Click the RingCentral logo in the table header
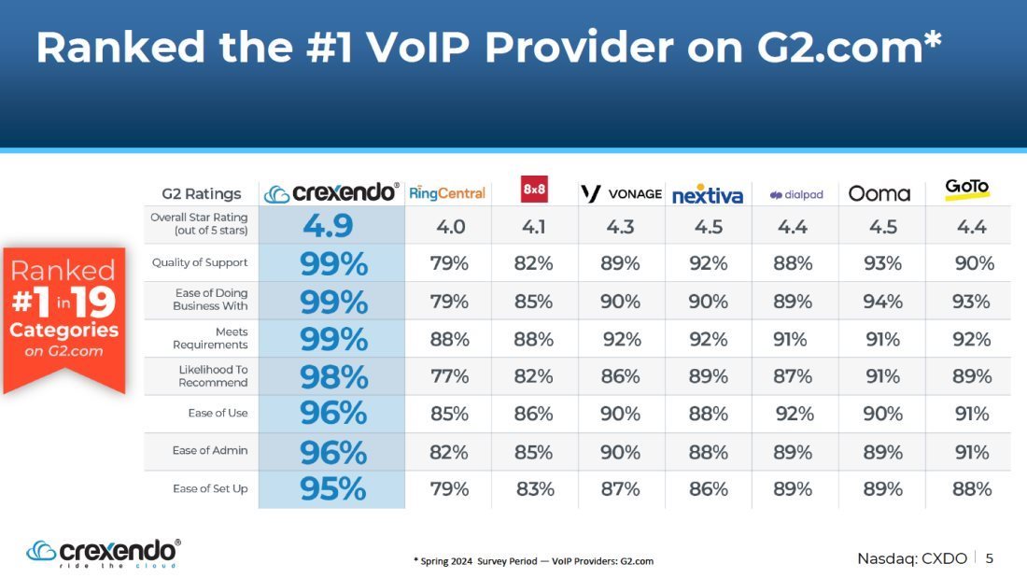coord(447,193)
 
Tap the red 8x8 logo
coord(534,190)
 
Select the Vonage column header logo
coord(622,193)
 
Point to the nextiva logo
coord(708,194)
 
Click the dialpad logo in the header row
coord(796,194)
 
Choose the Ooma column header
coord(879,193)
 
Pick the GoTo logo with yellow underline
coord(966,190)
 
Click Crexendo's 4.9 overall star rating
coord(328,225)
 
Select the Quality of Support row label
coord(200,262)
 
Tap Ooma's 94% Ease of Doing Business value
coord(883,302)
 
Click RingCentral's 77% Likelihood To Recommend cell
coord(449,376)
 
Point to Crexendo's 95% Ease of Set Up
coord(332,489)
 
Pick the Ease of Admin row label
coord(210,451)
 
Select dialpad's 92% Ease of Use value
coord(795,414)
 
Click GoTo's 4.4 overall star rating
coord(971,227)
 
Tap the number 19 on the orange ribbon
coord(94,302)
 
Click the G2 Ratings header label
coord(202,194)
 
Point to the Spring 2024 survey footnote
coord(533,561)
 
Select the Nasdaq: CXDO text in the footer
coord(912,558)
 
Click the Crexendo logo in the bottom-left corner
coord(104,554)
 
